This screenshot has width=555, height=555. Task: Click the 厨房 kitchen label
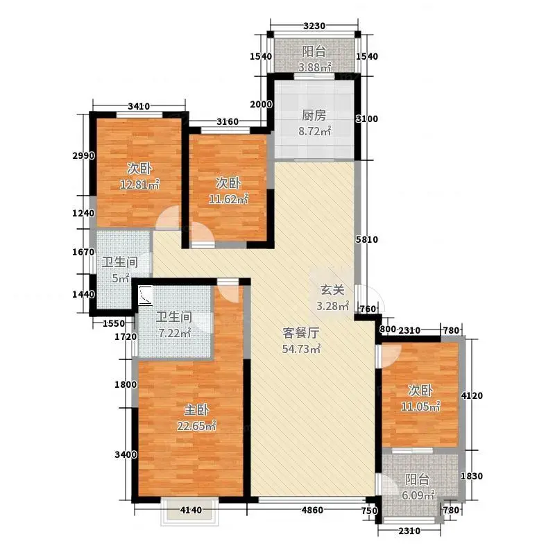click(314, 115)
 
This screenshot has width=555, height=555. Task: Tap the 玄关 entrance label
click(332, 290)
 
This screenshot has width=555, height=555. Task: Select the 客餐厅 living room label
click(301, 333)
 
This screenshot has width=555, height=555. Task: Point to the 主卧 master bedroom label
click(196, 410)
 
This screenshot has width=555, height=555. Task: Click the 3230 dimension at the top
click(314, 26)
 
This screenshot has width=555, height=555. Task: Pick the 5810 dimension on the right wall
click(367, 239)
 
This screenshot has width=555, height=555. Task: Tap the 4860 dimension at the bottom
click(311, 510)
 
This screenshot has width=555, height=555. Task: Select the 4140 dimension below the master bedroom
click(191, 510)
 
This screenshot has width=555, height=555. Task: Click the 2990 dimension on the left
click(83, 155)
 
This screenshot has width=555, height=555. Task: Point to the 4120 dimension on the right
click(472, 395)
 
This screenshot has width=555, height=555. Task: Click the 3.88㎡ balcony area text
click(314, 67)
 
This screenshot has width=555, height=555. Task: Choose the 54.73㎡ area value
click(301, 349)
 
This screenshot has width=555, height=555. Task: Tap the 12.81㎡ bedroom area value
click(140, 184)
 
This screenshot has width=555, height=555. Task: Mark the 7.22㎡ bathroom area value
click(174, 333)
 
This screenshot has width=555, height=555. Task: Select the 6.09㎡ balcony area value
click(418, 495)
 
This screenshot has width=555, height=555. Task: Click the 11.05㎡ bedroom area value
click(420, 407)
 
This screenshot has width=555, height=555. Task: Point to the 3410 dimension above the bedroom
click(139, 106)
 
